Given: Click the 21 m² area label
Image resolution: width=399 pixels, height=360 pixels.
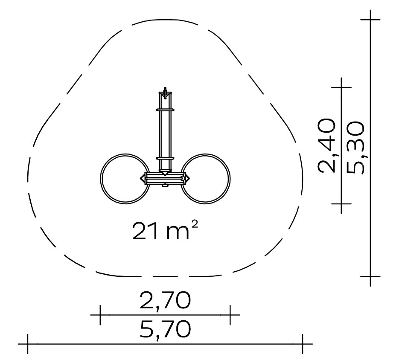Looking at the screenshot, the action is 165,231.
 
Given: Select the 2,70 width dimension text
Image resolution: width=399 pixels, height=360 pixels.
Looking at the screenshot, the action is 165,300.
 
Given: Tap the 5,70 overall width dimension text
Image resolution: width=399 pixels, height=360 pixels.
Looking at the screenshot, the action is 165,329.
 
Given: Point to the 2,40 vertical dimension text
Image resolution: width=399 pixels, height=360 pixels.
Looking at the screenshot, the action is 326,146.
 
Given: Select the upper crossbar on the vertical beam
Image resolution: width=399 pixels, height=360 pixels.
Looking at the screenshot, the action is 166,110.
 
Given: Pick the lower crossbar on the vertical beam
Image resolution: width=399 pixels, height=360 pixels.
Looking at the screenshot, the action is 166,158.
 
